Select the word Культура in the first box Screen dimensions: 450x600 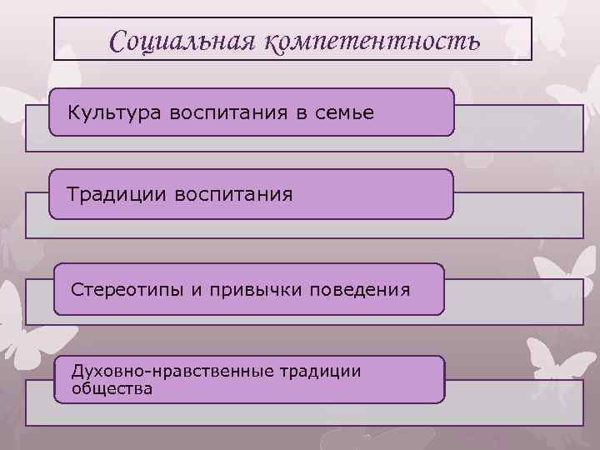pyautogui.click(x=115, y=112)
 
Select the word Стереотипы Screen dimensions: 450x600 pyautogui.click(x=123, y=289)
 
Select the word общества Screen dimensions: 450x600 pyautogui.click(x=112, y=387)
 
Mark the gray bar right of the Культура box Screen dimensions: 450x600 pyautogui.click(x=517, y=129)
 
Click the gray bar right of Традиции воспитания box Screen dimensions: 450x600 pyautogui.click(x=517, y=214)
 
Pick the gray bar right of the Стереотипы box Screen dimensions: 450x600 pyautogui.click(x=512, y=302)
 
